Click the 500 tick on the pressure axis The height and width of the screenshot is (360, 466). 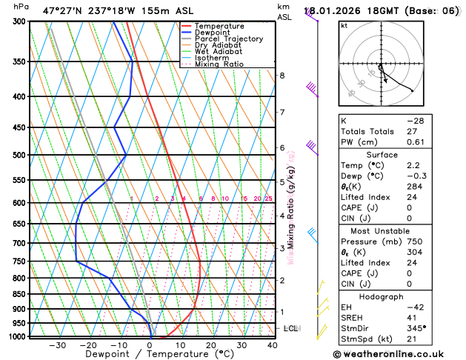19,156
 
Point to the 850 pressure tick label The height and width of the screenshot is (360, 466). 19,294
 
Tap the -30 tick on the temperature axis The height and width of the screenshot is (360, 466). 57,344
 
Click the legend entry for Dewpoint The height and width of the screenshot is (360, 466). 212,33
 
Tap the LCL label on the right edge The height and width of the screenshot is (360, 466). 291,328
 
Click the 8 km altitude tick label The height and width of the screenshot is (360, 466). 282,76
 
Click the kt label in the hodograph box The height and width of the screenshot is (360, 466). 344,26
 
